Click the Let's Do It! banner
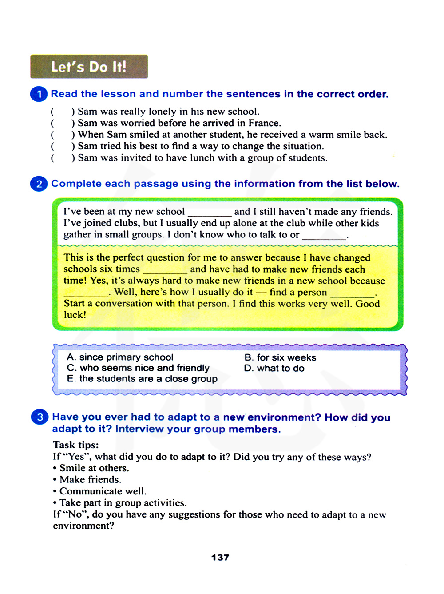(89, 67)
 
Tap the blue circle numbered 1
(39, 94)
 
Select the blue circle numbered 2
(39, 184)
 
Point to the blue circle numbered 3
(40, 417)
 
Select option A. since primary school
(120, 357)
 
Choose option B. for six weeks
(280, 357)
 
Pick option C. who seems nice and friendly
(138, 368)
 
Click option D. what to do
(274, 368)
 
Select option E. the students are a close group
(142, 379)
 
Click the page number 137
(220, 558)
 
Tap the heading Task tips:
(76, 445)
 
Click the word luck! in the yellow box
(75, 315)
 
